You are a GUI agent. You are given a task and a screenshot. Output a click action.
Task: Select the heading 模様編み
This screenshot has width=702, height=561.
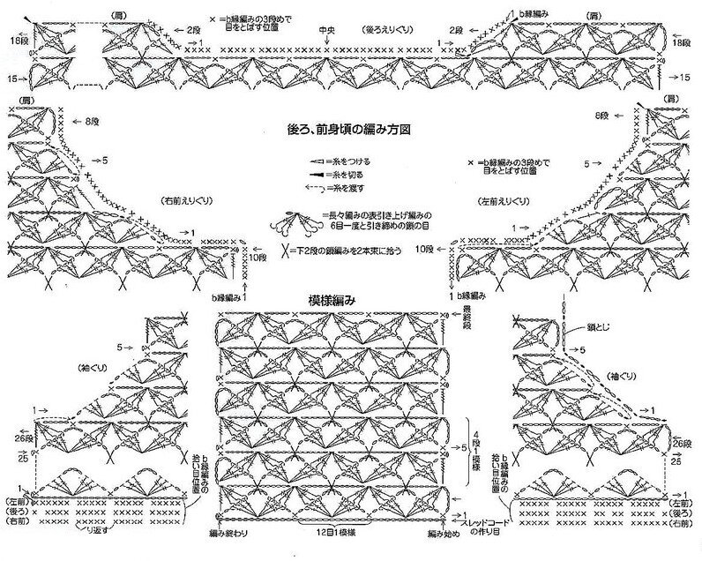332,299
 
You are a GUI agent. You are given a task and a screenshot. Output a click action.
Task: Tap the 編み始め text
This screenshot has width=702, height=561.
442,535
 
